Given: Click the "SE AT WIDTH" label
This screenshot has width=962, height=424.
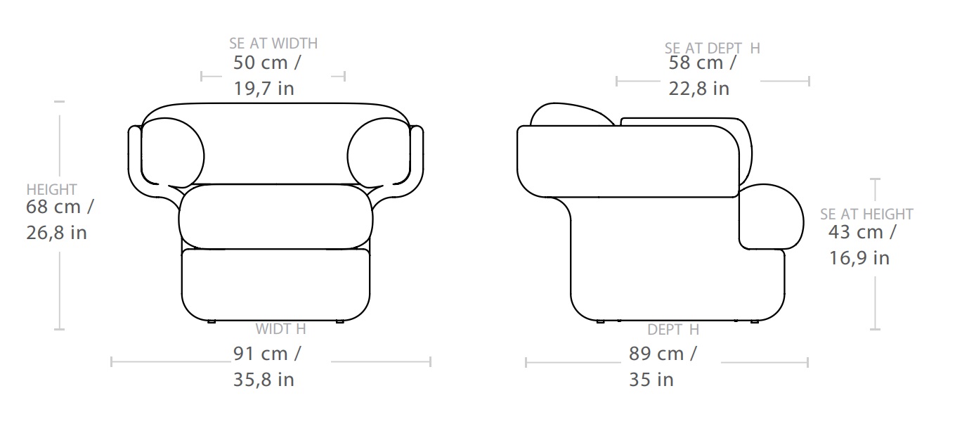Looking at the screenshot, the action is point(273,44).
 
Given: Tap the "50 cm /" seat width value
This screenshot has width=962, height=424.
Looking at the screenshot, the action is point(267,63).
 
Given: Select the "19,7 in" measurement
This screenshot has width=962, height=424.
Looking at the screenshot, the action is point(264,89).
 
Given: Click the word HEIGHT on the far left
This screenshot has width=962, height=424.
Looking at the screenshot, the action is point(51,189).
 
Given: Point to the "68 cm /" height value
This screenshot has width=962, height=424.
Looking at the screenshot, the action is point(60,207).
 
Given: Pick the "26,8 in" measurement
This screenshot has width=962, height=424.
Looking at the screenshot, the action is point(57,233).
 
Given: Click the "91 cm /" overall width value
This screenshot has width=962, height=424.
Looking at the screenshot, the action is point(267,354).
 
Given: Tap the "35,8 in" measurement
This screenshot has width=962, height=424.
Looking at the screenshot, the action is point(264,380).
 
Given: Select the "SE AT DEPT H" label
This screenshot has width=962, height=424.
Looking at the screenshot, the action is point(713,48).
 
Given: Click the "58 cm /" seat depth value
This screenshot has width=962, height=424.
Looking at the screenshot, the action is point(703,63).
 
